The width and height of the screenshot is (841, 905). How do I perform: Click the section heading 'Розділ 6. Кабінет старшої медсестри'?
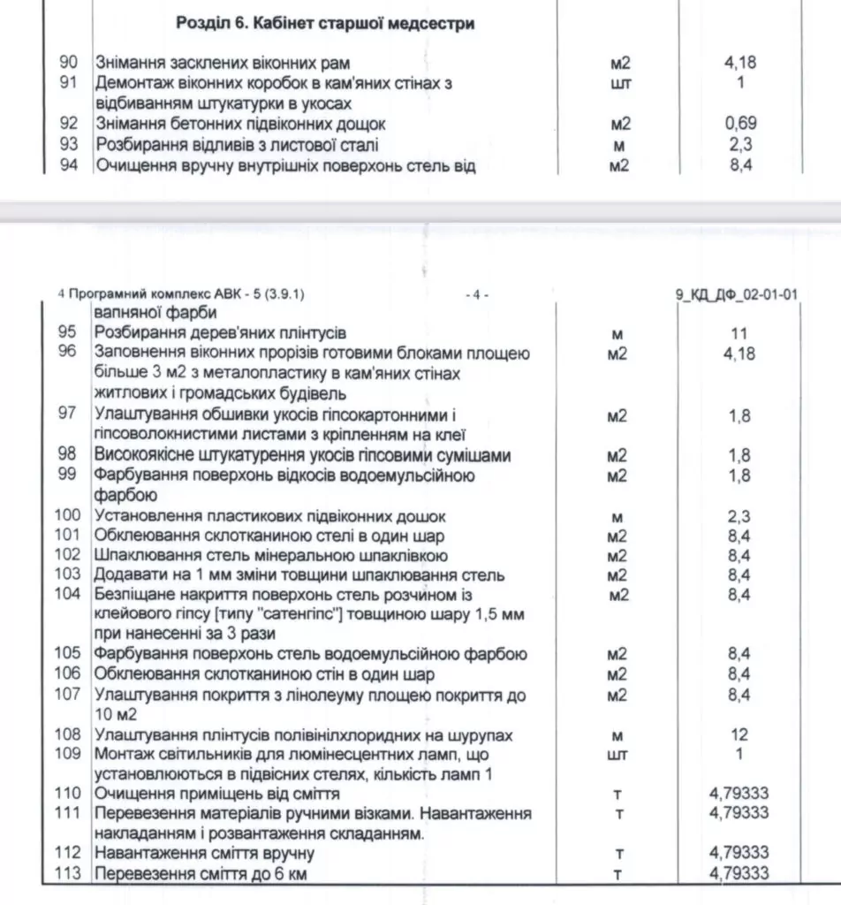[x=325, y=24]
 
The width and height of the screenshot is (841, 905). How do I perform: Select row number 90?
[x=69, y=64]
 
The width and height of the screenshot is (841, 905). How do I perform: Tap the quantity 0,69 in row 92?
[x=739, y=124]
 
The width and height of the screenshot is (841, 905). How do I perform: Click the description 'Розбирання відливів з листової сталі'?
[x=237, y=144]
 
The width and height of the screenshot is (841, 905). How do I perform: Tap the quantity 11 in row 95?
[x=739, y=334]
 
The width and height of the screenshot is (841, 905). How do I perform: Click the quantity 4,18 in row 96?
[x=739, y=354]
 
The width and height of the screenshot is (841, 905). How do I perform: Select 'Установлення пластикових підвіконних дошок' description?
[x=270, y=516]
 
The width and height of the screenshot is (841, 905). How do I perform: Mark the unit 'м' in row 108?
[x=618, y=735]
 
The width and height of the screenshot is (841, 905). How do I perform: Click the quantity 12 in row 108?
[x=739, y=735]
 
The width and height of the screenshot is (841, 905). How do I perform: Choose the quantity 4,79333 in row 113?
[x=739, y=874]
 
